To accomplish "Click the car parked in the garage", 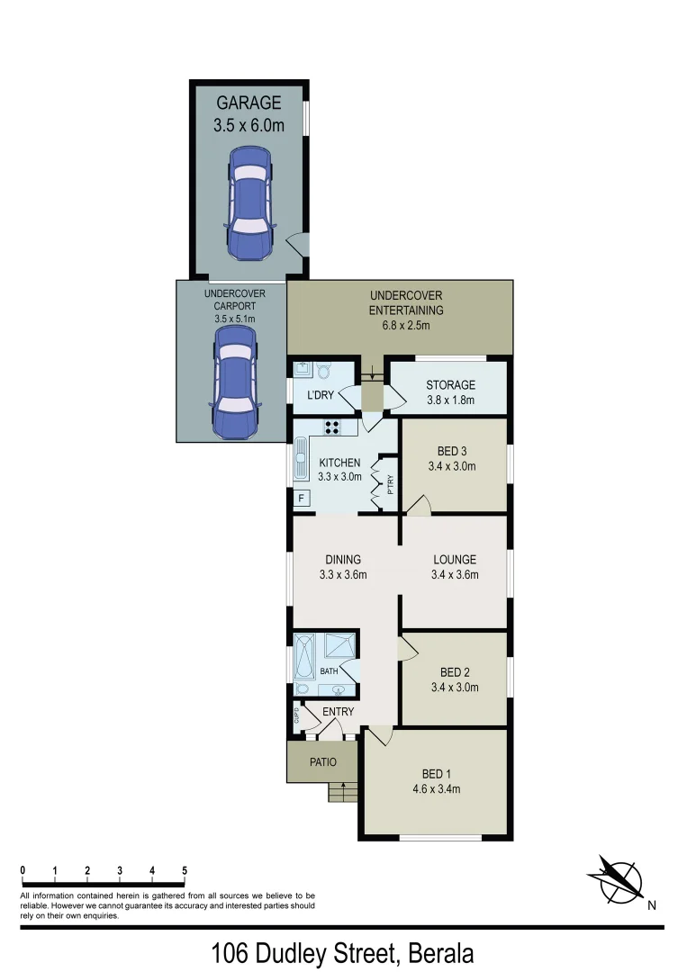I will tap(249, 202).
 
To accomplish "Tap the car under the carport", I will tap(233, 382).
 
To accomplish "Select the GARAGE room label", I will tap(249, 103).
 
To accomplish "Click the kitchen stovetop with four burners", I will tap(331, 428).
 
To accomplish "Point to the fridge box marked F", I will tap(301, 497).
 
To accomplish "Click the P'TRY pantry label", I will tap(390, 487).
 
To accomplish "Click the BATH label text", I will tap(329, 670).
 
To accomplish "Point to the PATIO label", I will tap(322, 762).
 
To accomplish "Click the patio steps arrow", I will tap(343, 790).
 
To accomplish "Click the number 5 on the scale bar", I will tap(185, 870).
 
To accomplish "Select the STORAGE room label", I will tap(450, 385).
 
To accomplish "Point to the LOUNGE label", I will tap(454, 560).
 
